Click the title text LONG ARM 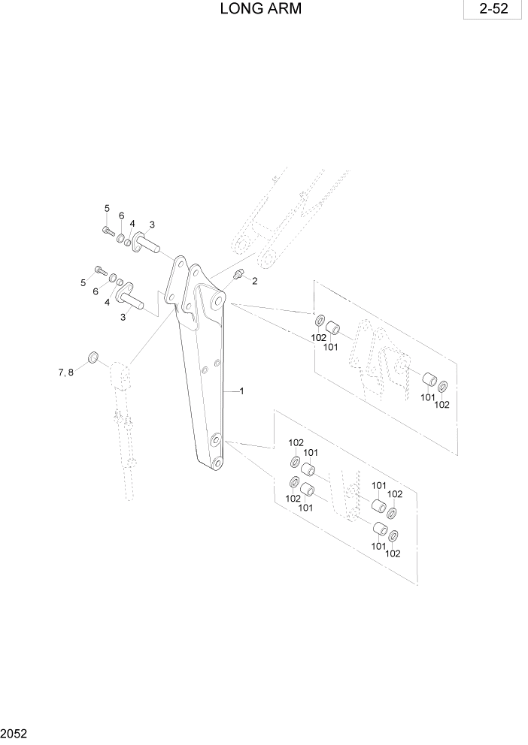pyautogui.click(x=261, y=10)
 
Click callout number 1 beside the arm pyautogui.click(x=241, y=391)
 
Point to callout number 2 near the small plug pyautogui.click(x=254, y=281)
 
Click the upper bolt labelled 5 pyautogui.click(x=108, y=231)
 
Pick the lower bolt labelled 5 pyautogui.click(x=98, y=270)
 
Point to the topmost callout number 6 pyautogui.click(x=121, y=216)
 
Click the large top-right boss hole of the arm pyautogui.click(x=217, y=301)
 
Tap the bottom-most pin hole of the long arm pyautogui.click(x=217, y=463)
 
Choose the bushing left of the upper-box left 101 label pyautogui.click(x=333, y=328)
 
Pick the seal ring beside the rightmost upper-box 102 pyautogui.click(x=443, y=385)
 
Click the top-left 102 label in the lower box pyautogui.click(x=296, y=442)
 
